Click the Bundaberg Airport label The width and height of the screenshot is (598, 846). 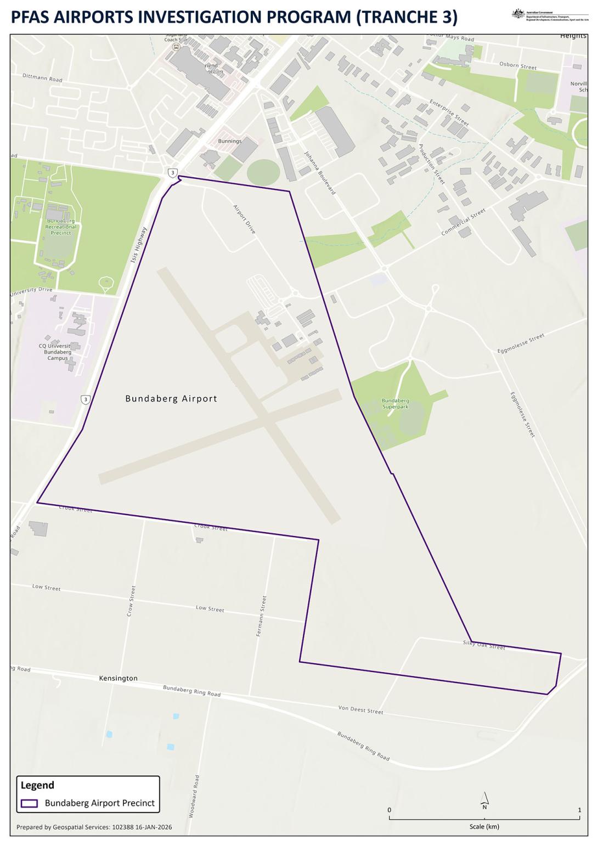171,399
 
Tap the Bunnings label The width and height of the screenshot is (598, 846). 229,141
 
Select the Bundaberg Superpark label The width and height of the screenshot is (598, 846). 395,404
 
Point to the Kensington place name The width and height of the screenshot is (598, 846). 118,678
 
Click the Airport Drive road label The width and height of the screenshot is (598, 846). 245,219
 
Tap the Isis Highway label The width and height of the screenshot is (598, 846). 139,245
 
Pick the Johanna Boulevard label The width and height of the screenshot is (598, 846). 320,173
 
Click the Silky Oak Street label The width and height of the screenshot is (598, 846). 484,645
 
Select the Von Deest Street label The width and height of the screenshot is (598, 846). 360,710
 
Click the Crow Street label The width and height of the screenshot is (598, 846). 131,601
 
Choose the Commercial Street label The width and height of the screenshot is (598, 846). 464,222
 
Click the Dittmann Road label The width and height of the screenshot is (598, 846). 42,78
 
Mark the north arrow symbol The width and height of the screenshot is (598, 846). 484,800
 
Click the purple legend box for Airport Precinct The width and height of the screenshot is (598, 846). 29,803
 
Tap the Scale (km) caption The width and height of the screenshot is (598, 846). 484,826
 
